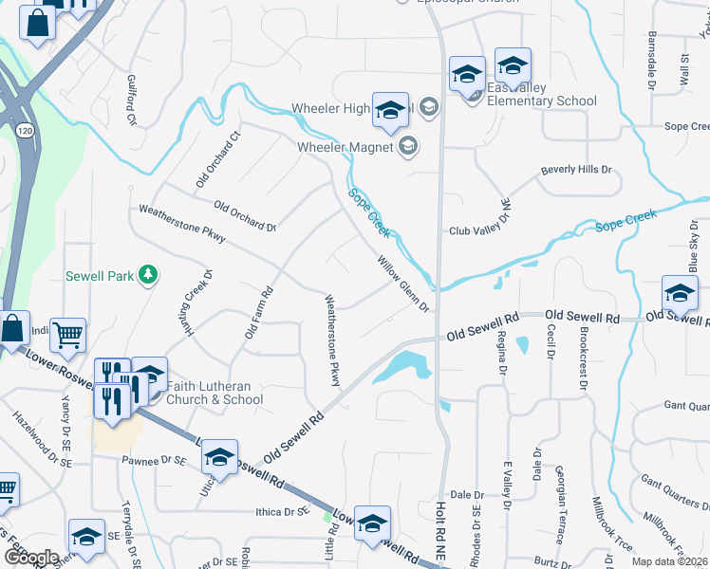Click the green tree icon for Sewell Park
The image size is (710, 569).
point(147,275)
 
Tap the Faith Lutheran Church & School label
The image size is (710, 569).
point(215,393)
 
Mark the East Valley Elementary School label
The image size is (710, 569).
point(542,94)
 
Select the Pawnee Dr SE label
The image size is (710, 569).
point(152,460)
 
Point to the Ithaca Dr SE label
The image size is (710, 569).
point(284,511)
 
